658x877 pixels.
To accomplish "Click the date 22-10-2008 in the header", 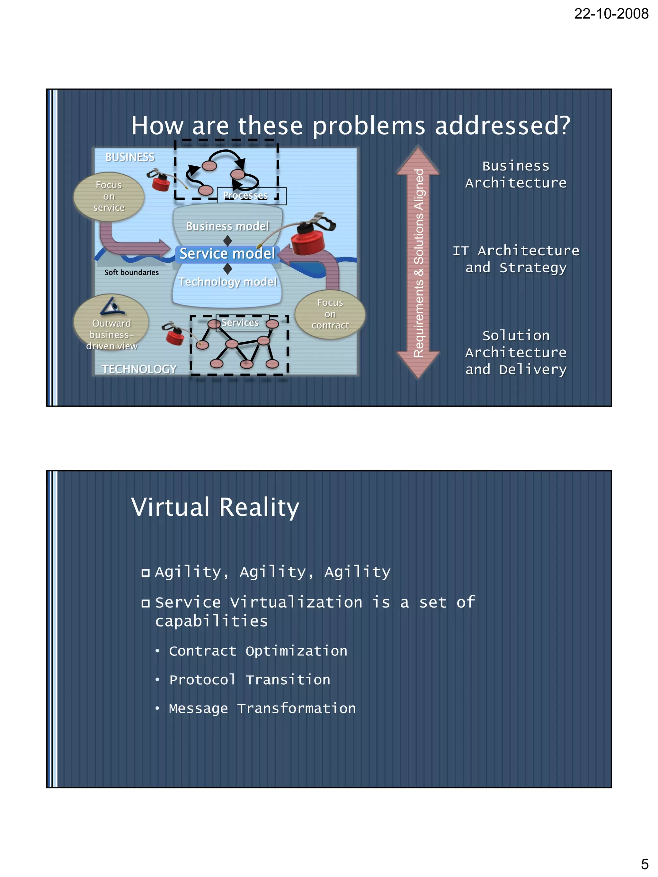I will click(611, 14).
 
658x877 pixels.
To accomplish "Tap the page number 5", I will click(645, 864).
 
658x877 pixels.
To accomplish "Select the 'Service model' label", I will click(227, 254).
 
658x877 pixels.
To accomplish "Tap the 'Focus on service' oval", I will click(109, 197).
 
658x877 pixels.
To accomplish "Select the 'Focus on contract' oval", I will click(330, 314).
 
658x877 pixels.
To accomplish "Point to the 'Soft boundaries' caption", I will click(131, 272).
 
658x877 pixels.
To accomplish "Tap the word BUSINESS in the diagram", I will click(130, 157).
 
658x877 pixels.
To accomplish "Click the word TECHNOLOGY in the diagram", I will click(139, 369).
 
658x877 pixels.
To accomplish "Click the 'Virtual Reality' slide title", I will click(215, 507).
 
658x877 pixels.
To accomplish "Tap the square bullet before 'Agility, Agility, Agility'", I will click(146, 573).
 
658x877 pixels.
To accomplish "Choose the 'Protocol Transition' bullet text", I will click(249, 680).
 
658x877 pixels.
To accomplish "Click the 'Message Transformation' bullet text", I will click(262, 708).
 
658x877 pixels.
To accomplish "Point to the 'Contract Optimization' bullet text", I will click(258, 651).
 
